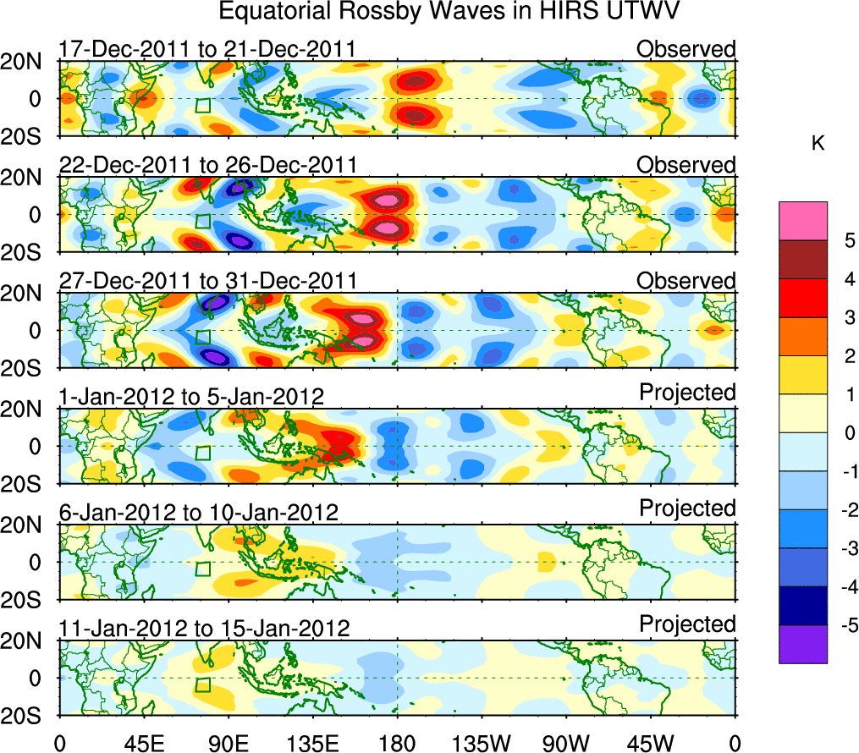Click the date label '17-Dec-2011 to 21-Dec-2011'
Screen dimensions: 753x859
click(x=207, y=50)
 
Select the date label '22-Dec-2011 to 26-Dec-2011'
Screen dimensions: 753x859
click(x=208, y=165)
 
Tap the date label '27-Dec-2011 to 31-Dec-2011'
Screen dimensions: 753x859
click(x=208, y=281)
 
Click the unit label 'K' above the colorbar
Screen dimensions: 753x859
click(x=818, y=145)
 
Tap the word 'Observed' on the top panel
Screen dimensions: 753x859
click(x=686, y=49)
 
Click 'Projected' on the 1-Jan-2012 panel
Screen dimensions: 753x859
click(x=687, y=393)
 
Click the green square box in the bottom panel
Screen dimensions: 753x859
click(x=202, y=684)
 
